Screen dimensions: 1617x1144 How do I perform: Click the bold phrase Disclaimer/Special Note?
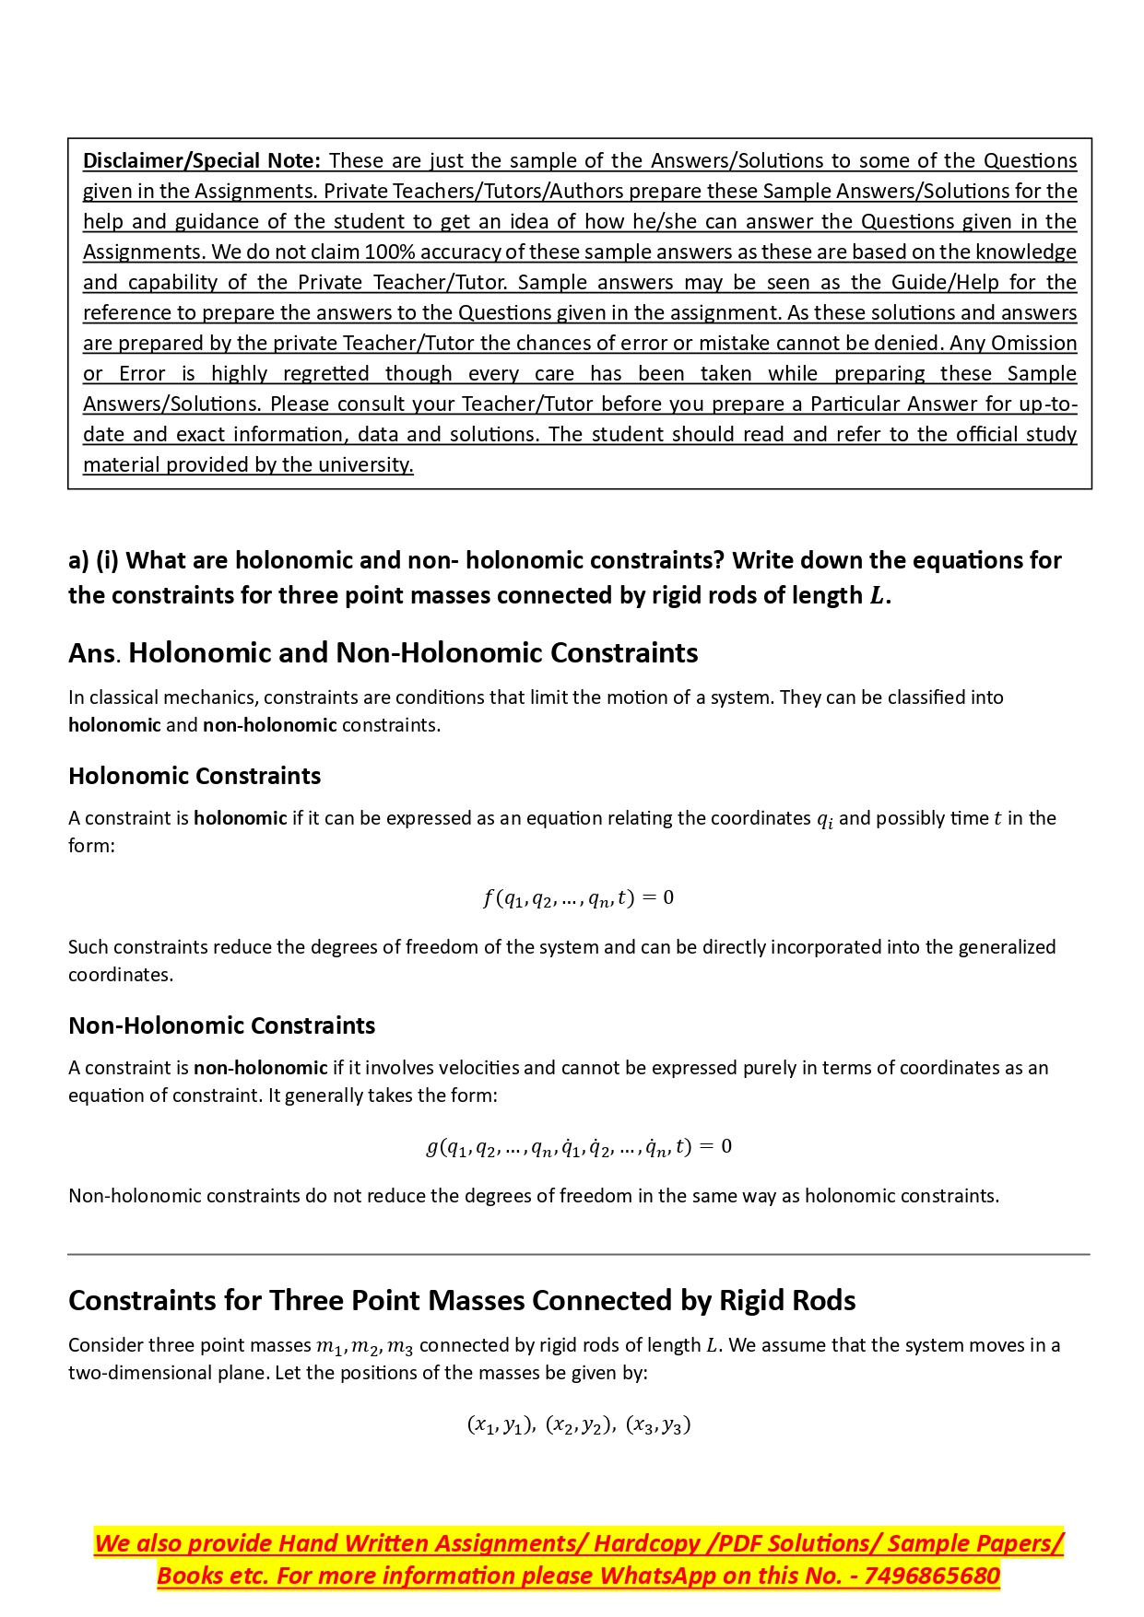click(x=202, y=161)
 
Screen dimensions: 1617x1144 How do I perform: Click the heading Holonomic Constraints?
click(x=195, y=776)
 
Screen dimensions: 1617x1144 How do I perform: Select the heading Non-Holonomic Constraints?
click(x=222, y=1025)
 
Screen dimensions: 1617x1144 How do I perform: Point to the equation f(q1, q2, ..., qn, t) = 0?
click(x=578, y=897)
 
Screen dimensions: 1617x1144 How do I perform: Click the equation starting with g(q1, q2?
click(x=578, y=1147)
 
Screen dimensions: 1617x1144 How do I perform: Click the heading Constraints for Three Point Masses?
click(x=462, y=1300)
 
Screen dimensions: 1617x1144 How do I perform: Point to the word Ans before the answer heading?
click(x=92, y=654)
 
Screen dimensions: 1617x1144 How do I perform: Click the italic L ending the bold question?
click(x=878, y=596)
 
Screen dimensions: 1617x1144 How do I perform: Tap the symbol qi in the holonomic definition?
click(x=825, y=819)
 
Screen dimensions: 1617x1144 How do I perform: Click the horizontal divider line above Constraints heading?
click(x=578, y=1254)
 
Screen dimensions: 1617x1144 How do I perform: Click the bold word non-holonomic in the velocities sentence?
click(x=261, y=1068)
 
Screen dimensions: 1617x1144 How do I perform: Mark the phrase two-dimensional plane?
click(x=167, y=1373)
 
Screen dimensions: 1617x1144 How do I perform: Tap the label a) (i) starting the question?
click(x=93, y=561)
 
